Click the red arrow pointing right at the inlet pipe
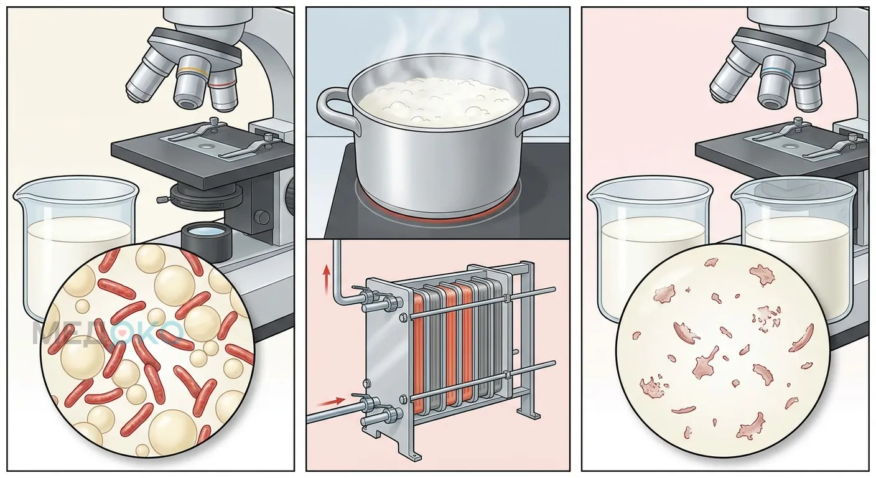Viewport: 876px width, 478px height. tap(331, 401)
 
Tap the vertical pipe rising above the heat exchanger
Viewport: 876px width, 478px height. tap(337, 270)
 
